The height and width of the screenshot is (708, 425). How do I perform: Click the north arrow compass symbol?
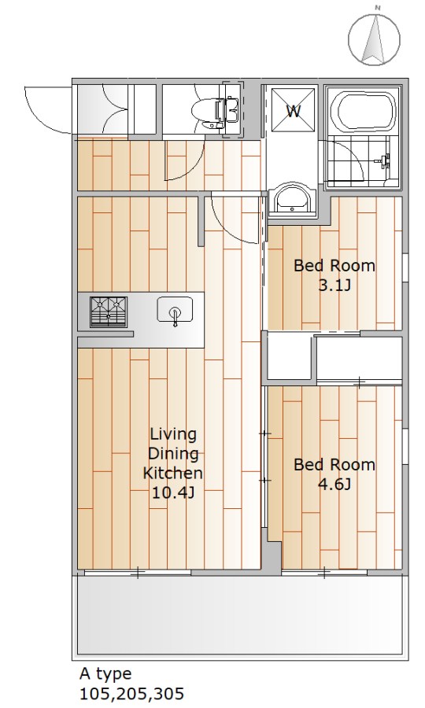(374, 39)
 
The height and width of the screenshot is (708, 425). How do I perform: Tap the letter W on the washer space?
(294, 111)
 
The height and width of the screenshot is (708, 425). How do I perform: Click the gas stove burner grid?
(109, 311)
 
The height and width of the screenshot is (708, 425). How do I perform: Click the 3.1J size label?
(334, 286)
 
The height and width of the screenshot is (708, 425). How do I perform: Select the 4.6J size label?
(334, 485)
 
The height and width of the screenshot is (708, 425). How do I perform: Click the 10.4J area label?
(173, 492)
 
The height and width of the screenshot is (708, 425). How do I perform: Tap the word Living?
(173, 435)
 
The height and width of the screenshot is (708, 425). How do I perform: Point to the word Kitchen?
(173, 474)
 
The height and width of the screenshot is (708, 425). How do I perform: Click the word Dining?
(173, 454)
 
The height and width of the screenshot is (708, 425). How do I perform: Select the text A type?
(105, 674)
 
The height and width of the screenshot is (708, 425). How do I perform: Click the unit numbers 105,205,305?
(132, 693)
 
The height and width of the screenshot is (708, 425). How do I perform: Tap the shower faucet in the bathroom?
(385, 160)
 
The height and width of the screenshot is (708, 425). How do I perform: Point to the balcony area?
(240, 614)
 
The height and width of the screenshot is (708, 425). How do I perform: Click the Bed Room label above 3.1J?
(334, 266)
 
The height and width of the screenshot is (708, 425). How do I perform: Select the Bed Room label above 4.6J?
(334, 465)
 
